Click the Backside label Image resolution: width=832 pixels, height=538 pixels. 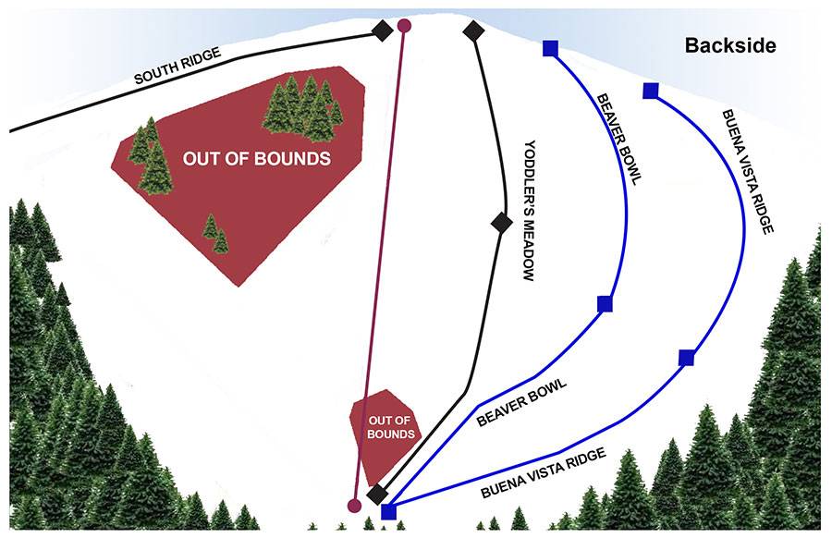[x=730, y=45]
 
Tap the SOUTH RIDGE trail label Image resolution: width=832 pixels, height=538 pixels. [x=177, y=67]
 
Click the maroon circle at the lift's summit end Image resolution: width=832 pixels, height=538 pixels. [x=404, y=26]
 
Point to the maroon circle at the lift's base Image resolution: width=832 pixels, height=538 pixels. [x=353, y=506]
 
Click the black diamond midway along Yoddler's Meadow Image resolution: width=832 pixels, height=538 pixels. [x=501, y=222]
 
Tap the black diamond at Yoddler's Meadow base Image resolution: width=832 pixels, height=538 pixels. [x=376, y=494]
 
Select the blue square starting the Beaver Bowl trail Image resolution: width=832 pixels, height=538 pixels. [x=551, y=48]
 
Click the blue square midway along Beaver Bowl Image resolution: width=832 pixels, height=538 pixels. [x=605, y=303]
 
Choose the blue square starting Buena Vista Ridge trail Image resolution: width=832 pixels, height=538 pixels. [x=650, y=91]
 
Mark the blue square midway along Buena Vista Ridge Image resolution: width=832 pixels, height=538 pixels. [x=686, y=358]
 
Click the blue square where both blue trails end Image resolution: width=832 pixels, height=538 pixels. [x=389, y=511]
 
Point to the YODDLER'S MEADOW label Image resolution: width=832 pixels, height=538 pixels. [x=530, y=210]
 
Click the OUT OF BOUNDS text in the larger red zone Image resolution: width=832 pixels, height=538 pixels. [x=256, y=158]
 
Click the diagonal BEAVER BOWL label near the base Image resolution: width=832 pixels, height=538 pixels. [x=521, y=402]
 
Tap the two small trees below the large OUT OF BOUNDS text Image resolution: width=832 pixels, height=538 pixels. [x=215, y=234]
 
